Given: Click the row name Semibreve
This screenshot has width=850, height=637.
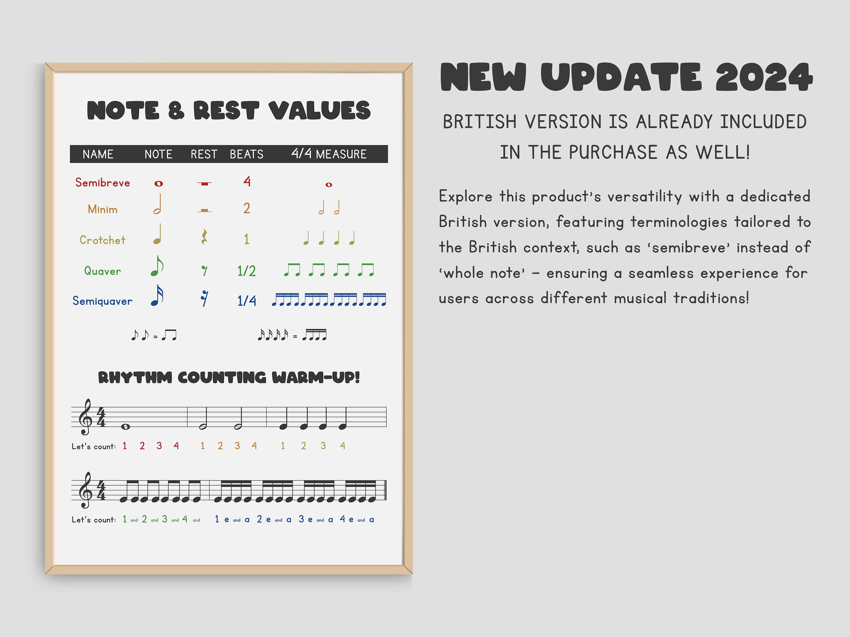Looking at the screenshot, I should [103, 183].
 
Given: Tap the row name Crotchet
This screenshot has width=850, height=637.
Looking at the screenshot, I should [103, 240].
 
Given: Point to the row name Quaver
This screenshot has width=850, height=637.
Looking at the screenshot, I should [103, 272].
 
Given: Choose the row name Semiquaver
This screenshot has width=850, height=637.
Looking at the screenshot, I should [103, 301].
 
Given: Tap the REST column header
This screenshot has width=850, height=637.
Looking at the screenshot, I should [204, 154].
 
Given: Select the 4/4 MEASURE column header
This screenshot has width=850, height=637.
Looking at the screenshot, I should [329, 154].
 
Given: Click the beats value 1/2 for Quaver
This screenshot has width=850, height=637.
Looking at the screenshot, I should [246, 271].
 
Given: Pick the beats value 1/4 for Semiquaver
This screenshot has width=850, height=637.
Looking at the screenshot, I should [246, 301].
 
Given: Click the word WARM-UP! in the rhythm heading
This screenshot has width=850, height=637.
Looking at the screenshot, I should [316, 377].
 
